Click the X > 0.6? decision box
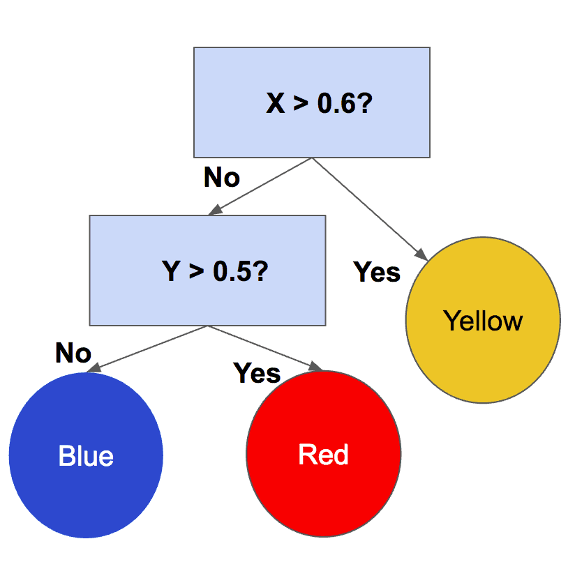(312, 102)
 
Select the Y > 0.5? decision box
(207, 271)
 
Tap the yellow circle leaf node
(483, 320)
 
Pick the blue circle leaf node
(86, 455)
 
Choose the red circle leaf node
(324, 454)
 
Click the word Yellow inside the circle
(483, 321)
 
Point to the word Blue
(86, 456)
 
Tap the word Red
(323, 455)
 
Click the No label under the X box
(222, 177)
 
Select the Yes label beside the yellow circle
(377, 272)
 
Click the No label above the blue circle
(73, 353)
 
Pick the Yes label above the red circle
(257, 373)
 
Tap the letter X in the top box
(276, 103)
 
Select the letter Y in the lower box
(171, 271)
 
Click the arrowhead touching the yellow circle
(421, 255)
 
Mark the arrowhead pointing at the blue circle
(94, 367)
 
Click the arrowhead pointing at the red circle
(315, 366)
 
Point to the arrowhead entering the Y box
(216, 210)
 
